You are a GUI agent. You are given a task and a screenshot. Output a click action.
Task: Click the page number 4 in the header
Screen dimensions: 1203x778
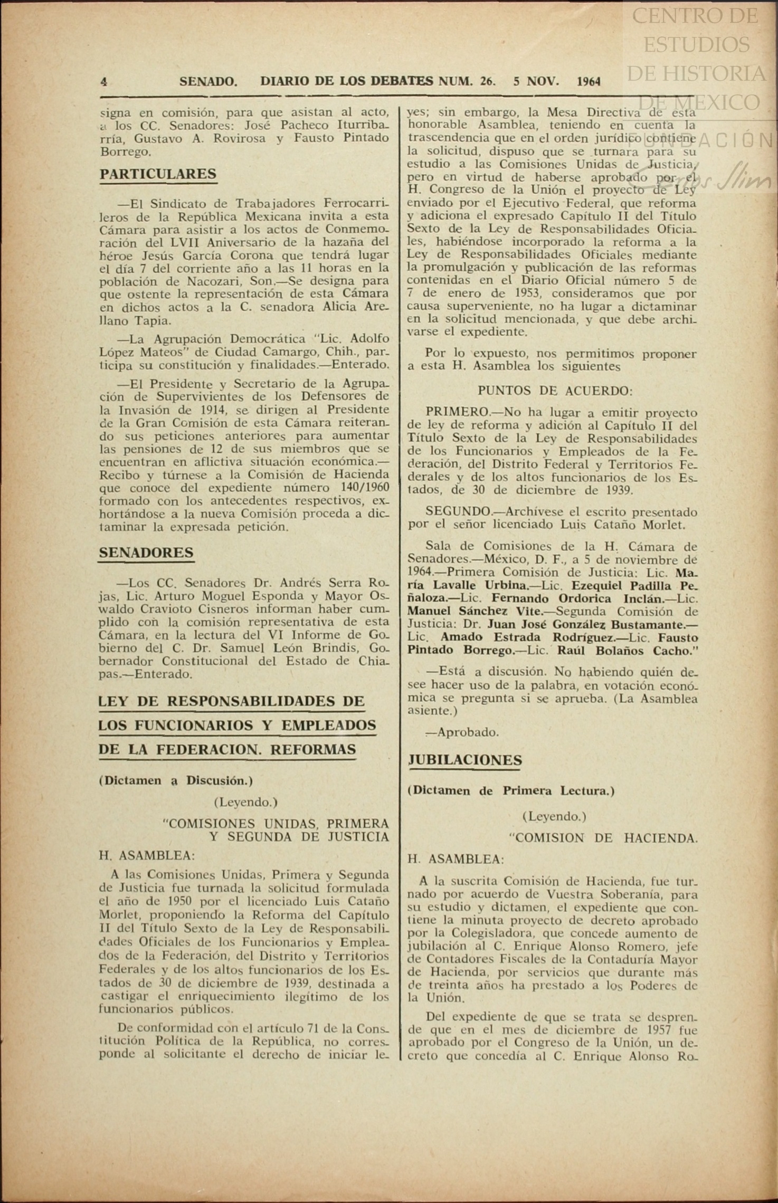click(104, 82)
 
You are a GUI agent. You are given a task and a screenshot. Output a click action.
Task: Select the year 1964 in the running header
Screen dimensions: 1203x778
click(589, 82)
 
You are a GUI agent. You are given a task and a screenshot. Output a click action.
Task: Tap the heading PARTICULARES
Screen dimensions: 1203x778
click(158, 174)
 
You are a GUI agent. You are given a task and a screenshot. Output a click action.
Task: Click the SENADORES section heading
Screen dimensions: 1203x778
click(146, 552)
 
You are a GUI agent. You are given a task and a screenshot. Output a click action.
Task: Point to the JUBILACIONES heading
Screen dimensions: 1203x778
click(465, 760)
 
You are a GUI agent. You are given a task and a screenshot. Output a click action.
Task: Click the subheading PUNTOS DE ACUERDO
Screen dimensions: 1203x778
click(555, 391)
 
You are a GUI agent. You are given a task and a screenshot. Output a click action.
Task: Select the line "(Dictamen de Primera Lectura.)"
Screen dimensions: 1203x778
click(511, 790)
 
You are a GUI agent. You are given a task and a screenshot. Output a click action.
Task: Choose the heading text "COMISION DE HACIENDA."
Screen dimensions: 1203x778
click(603, 838)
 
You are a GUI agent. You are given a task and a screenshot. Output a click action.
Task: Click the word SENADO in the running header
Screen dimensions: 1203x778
click(208, 82)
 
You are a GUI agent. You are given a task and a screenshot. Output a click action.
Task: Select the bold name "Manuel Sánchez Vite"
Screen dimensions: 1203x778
click(475, 612)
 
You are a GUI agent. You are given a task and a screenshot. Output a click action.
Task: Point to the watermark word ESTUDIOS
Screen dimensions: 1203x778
click(696, 44)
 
